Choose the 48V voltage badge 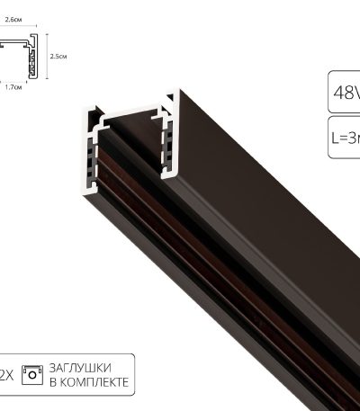coord(344,92)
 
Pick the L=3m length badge coord(344,138)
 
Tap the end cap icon coord(33,374)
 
